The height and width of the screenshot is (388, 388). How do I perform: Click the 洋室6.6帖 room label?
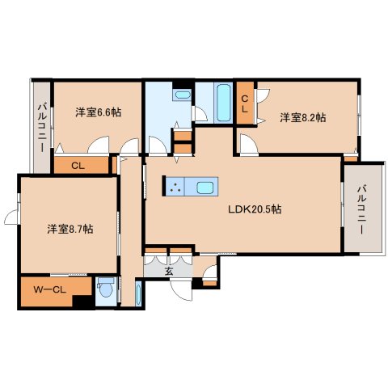click(99, 112)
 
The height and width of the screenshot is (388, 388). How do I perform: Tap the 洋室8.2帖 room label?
click(303, 118)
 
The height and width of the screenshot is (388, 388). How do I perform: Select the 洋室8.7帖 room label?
click(69, 230)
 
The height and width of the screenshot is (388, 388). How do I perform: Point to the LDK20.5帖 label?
click(254, 209)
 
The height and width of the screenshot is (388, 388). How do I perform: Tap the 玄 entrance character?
click(169, 271)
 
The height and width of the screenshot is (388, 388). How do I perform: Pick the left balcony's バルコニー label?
click(41, 125)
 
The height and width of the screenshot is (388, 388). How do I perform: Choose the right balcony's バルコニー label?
click(361, 208)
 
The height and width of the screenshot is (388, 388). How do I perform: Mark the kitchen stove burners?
click(175, 188)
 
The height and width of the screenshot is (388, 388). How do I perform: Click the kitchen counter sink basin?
click(205, 188)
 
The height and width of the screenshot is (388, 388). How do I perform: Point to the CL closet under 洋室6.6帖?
click(79, 166)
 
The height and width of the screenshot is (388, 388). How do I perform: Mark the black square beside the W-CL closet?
click(80, 302)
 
